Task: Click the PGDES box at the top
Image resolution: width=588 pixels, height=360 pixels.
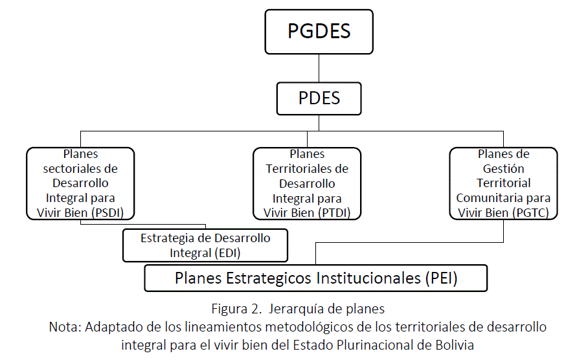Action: coord(319,32)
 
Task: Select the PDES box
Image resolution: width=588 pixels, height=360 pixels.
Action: coord(319,98)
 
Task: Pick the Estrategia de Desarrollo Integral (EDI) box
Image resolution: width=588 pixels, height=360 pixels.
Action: coord(205,245)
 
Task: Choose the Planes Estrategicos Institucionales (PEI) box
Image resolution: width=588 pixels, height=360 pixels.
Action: coord(315,278)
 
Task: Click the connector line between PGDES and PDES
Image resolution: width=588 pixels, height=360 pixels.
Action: coord(319,68)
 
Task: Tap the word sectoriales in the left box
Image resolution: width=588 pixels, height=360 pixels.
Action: coord(80,168)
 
